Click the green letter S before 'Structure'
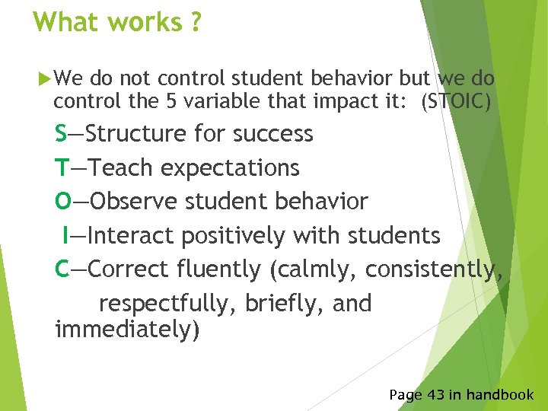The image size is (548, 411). [x=61, y=134]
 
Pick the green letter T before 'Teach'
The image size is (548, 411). [x=62, y=167]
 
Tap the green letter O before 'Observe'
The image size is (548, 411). [x=63, y=202]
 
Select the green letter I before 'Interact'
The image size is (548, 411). [x=67, y=235]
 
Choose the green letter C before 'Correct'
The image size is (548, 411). [x=62, y=269]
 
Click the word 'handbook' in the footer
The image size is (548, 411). [x=500, y=394]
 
